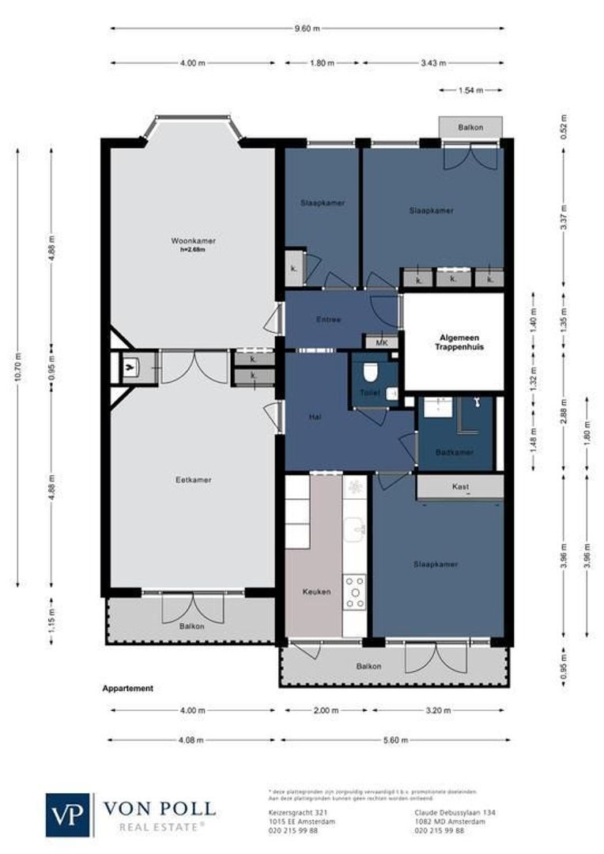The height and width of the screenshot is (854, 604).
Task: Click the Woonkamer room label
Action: click(194, 240)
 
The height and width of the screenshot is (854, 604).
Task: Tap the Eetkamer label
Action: click(194, 480)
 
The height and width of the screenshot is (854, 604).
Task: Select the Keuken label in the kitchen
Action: click(316, 591)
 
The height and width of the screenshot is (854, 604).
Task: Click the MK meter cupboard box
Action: click(381, 342)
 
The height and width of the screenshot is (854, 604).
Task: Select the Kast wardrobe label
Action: click(459, 487)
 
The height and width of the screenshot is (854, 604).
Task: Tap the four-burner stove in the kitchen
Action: click(355, 592)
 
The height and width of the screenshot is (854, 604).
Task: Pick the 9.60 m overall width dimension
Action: click(308, 28)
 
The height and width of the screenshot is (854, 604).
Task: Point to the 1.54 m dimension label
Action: click(470, 91)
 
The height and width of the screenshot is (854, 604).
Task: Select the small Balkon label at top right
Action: click(470, 127)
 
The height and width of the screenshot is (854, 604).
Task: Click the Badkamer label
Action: click(455, 452)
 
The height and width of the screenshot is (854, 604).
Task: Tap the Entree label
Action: click(328, 319)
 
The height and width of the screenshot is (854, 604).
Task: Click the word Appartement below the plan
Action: click(127, 689)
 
